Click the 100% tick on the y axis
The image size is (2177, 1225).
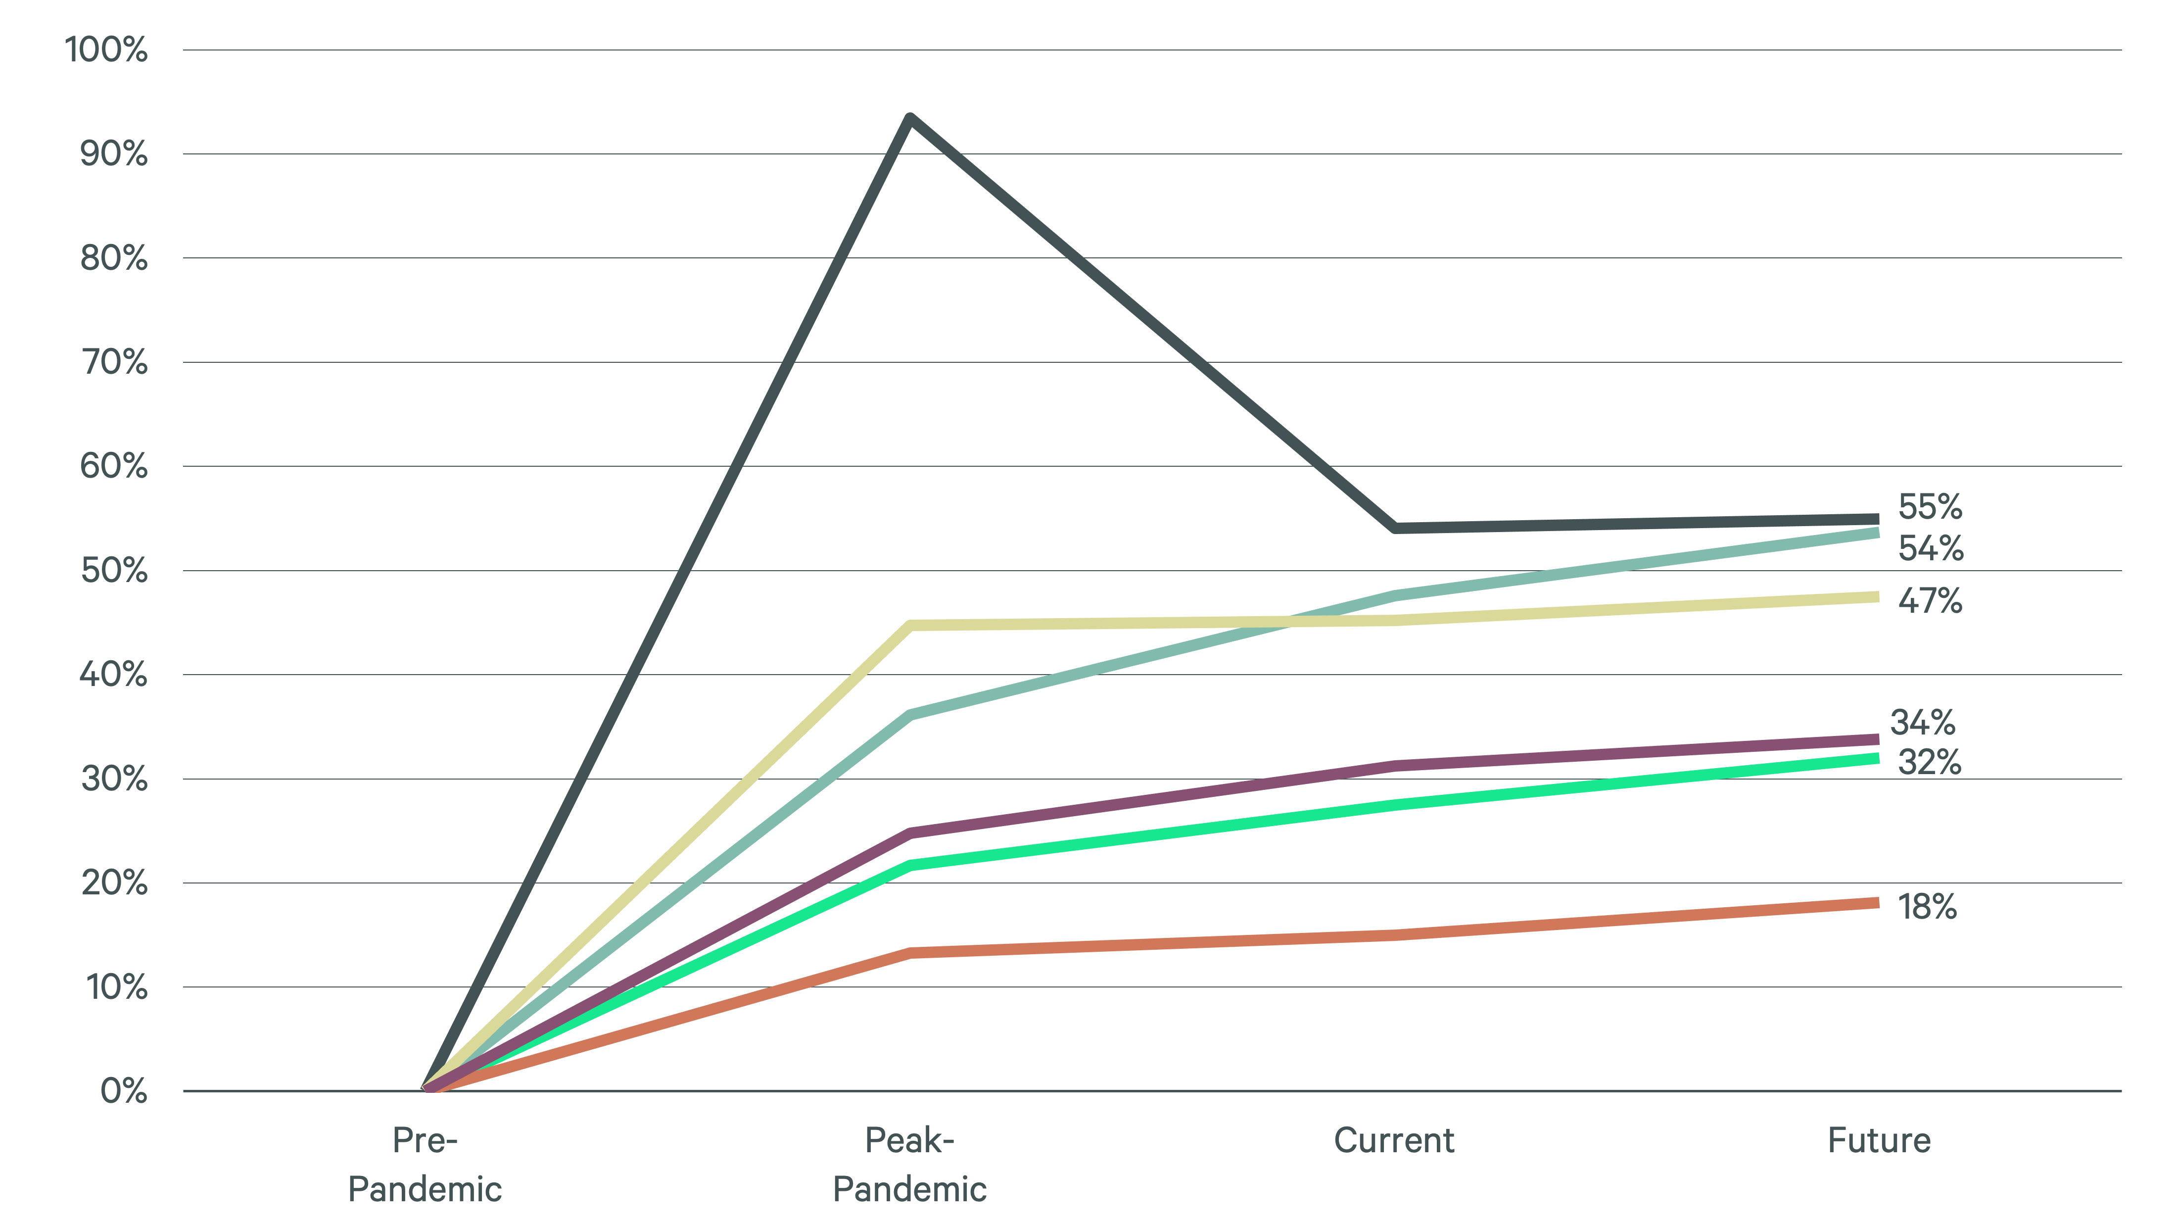coord(106,50)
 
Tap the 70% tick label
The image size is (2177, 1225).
coord(113,363)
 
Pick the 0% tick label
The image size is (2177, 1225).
coord(123,1091)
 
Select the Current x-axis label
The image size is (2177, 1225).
coord(1394,1140)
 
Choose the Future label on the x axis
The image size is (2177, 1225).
coord(1879,1140)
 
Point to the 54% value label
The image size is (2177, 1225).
coord(1930,549)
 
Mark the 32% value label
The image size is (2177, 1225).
coord(1930,763)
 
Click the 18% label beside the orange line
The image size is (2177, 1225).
coord(1927,907)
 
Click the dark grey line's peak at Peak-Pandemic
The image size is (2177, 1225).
coord(909,118)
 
